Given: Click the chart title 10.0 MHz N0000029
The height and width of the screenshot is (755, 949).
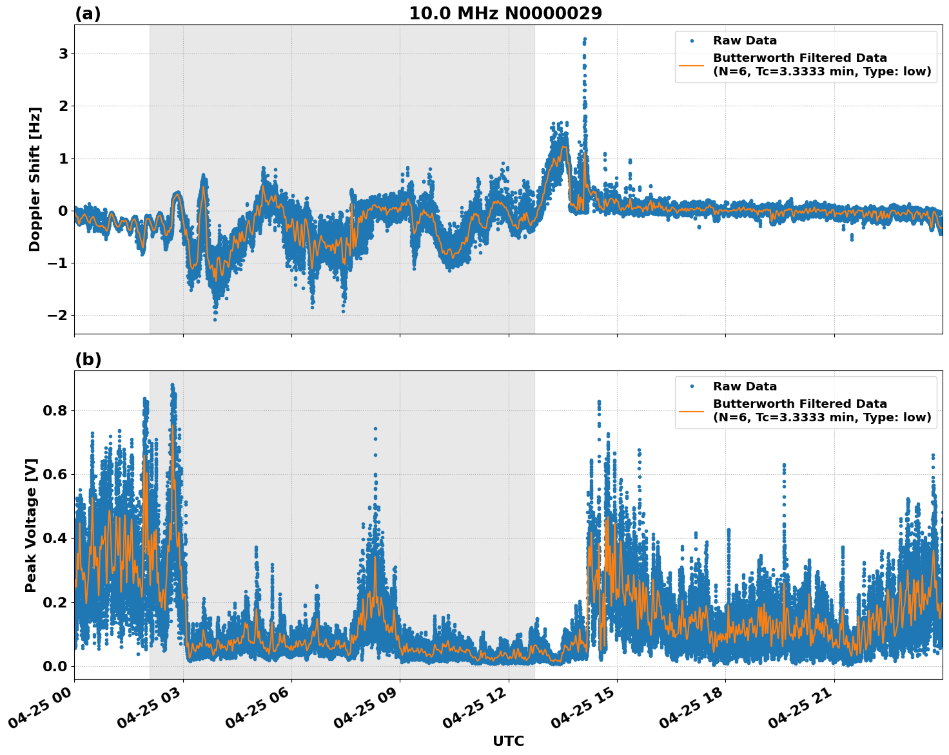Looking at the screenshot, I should (505, 14).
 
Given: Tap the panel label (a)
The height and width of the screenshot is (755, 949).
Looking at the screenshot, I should (88, 14).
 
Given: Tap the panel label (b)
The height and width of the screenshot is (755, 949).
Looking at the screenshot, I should (88, 359).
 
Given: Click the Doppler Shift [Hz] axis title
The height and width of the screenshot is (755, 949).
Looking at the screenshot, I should (35, 179).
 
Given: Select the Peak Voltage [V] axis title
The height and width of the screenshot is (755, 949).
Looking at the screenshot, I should (31, 525).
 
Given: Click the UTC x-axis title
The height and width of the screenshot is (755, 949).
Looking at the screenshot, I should (508, 741).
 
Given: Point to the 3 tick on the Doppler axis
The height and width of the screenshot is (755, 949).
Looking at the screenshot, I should (63, 53).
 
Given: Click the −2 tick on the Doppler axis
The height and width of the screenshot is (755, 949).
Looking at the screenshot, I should (58, 315).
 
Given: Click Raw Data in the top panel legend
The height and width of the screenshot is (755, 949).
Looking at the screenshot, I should (745, 41).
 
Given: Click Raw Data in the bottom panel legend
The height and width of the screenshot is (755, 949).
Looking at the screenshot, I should (745, 387).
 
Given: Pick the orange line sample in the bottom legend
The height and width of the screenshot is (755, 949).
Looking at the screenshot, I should (691, 411).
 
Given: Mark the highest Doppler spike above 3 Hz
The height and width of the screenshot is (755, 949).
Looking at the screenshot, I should (585, 39).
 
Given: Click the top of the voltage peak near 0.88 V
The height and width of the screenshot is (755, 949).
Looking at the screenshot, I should (172, 385).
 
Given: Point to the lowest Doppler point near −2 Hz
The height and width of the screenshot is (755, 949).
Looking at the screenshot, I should (215, 320).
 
